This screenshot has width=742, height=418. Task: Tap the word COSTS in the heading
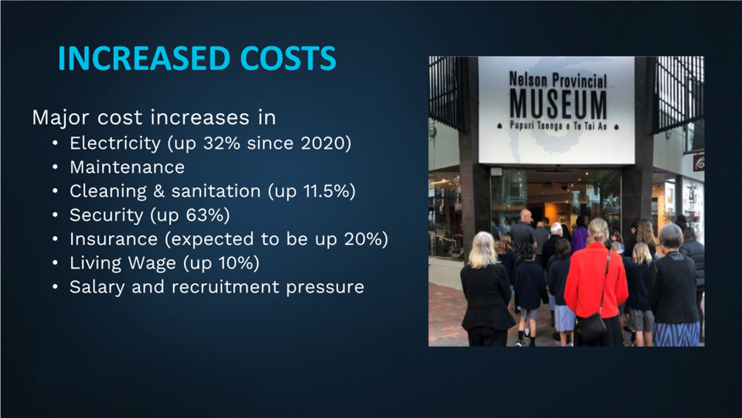(x=289, y=58)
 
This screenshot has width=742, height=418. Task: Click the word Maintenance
(x=127, y=167)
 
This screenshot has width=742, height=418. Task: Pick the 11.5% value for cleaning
(x=326, y=191)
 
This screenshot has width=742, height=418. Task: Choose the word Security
(x=107, y=215)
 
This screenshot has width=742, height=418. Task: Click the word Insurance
(x=114, y=239)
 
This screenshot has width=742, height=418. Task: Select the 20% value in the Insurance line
(x=363, y=239)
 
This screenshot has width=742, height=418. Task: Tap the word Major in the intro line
(x=61, y=118)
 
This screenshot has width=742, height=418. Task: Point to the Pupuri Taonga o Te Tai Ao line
(x=558, y=126)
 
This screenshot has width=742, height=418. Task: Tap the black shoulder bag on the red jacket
(x=591, y=328)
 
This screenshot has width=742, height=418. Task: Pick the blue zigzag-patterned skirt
(x=676, y=334)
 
